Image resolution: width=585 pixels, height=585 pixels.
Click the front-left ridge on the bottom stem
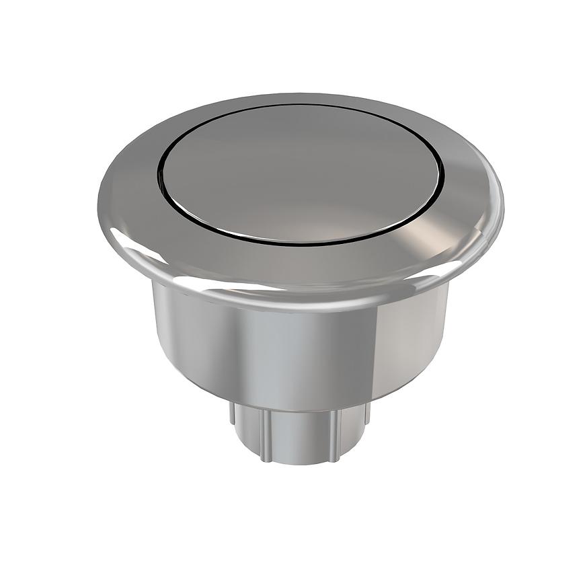tap(264, 434)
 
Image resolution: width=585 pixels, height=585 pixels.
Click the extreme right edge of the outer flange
tap(503, 195)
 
